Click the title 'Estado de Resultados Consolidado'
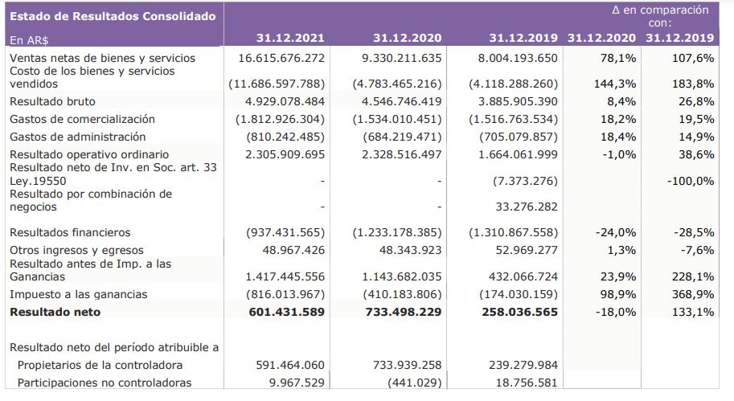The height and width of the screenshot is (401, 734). pos(113,16)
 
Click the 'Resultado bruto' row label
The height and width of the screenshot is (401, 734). pos(52,101)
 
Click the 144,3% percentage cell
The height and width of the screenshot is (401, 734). pos(617,84)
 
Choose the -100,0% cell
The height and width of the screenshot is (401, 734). pos(690,181)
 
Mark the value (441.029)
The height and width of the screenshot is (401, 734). pos(412,383)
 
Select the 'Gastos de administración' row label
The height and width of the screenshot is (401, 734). pos(77,137)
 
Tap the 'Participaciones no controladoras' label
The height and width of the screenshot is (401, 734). pos(104,383)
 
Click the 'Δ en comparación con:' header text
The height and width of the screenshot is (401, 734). pos(660,16)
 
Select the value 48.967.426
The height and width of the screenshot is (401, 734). pos(288,250)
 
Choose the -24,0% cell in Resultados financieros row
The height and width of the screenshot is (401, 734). pos(616,232)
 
